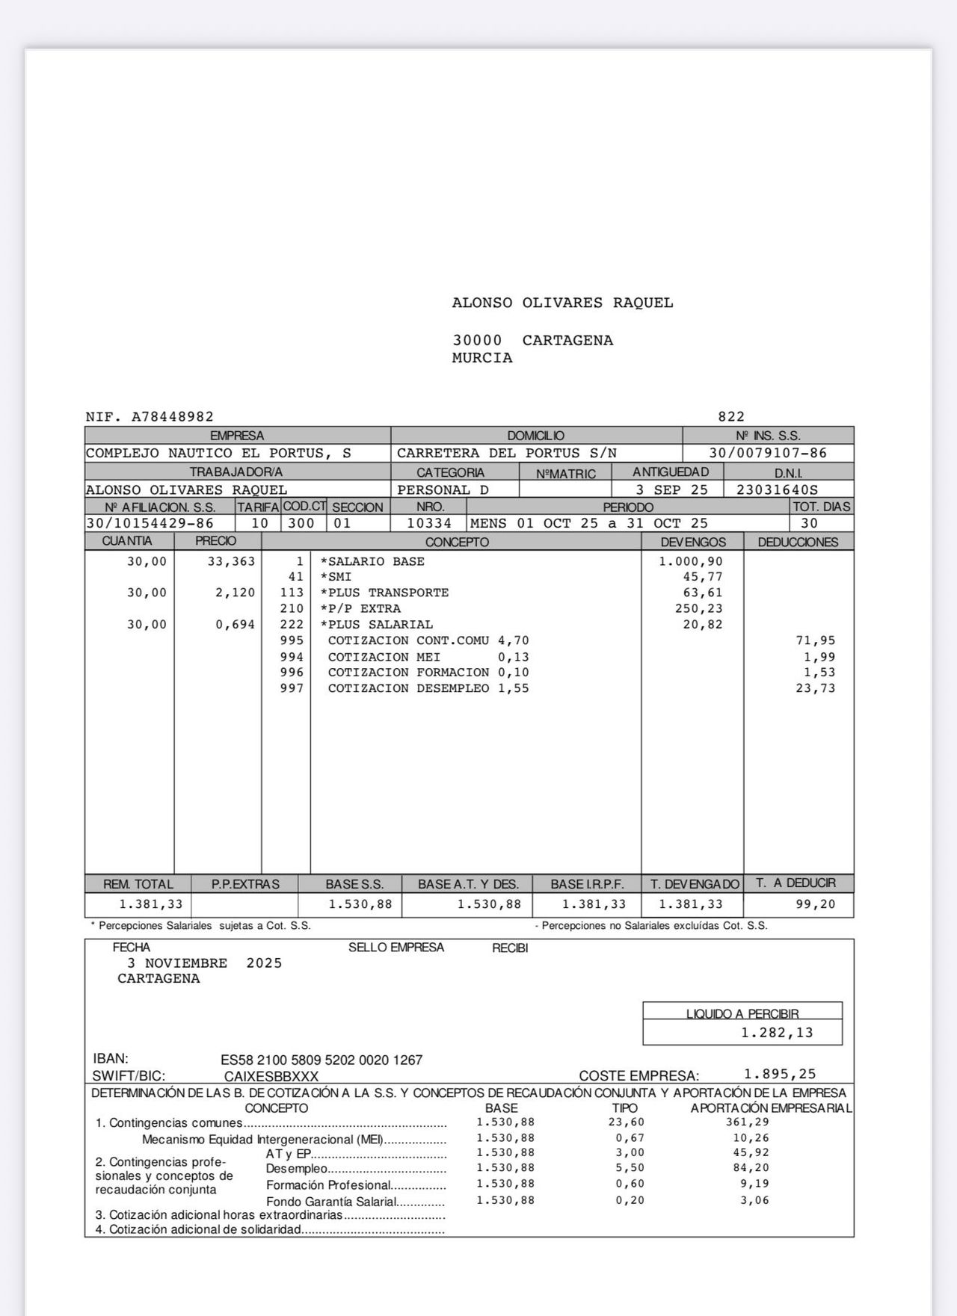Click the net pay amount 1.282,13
[x=777, y=1033]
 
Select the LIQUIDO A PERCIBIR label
[x=742, y=1013]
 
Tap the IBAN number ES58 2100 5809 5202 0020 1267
[x=321, y=1060]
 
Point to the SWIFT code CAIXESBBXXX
[x=271, y=1076]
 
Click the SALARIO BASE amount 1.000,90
[x=690, y=561]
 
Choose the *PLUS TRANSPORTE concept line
[x=384, y=593]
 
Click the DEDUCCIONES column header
[x=798, y=542]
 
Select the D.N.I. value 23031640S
[x=777, y=490]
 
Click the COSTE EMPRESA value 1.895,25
[x=780, y=1074]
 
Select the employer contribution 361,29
[x=747, y=1122]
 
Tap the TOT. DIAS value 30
[x=809, y=523]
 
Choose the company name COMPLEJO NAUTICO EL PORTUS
[x=218, y=453]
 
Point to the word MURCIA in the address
[x=482, y=358]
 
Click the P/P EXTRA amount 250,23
[x=698, y=608]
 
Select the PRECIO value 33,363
[x=231, y=561]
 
